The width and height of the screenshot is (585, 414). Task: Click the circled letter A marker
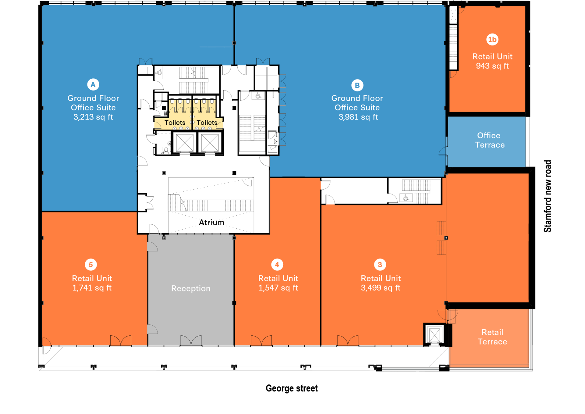click(x=93, y=84)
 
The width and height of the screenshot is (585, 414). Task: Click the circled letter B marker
click(x=357, y=85)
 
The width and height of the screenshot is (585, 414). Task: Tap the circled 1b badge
click(x=492, y=39)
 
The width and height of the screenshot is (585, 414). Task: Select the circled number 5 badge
click(x=91, y=265)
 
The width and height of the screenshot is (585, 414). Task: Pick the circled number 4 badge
click(x=277, y=265)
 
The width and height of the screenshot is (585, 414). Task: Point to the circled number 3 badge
click(x=380, y=265)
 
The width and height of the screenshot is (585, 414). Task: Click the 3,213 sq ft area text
click(x=93, y=117)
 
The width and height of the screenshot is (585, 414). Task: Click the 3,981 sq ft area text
click(x=358, y=117)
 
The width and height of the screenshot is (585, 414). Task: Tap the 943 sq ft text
click(x=492, y=66)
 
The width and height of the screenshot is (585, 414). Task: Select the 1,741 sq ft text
click(x=92, y=288)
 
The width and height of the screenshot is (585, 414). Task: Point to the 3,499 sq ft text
click(x=381, y=288)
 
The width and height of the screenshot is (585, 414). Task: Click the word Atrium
click(x=211, y=223)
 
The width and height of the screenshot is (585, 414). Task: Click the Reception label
click(x=191, y=288)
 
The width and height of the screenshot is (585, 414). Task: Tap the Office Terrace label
click(x=490, y=140)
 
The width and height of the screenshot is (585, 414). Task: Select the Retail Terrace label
click(x=492, y=337)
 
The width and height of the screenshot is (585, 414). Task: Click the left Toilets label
click(x=175, y=123)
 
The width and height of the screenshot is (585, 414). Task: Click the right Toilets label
click(x=207, y=123)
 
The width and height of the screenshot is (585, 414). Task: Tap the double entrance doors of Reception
click(x=191, y=341)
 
